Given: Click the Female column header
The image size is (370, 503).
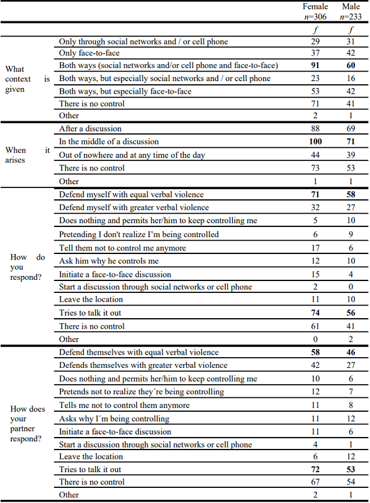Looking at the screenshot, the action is [315, 6].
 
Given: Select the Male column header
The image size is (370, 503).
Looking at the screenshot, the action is [351, 6].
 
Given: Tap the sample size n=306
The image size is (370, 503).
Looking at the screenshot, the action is [315, 16].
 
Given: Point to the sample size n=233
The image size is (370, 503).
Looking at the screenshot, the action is [351, 16].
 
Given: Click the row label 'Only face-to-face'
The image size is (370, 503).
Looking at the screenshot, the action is [89, 53].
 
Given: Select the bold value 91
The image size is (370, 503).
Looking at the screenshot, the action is [315, 65].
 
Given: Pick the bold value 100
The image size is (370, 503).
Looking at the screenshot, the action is [315, 142].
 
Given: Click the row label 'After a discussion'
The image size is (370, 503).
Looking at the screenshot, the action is [91, 129].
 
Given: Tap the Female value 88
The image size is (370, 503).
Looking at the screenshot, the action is [315, 129].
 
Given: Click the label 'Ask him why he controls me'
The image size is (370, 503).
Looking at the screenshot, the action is [109, 261].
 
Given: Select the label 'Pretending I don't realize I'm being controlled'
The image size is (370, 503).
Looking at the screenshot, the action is [139, 235].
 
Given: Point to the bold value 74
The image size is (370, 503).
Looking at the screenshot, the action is [315, 313].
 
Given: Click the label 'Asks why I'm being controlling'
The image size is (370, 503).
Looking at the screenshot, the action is [114, 419].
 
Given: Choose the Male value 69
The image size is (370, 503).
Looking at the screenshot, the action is [351, 129].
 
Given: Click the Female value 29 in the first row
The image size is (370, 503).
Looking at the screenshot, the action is [315, 41].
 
